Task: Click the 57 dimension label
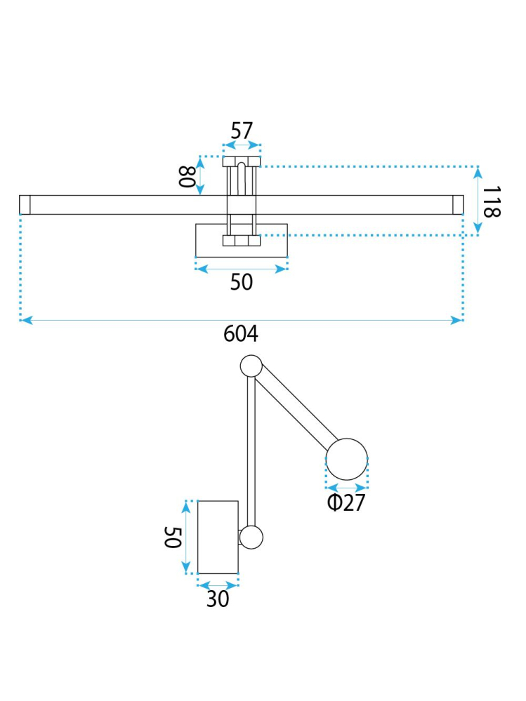click(242, 131)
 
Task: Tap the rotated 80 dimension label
click(185, 176)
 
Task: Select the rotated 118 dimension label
click(492, 202)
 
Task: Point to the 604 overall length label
click(241, 333)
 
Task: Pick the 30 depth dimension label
click(218, 599)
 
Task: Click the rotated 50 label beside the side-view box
click(173, 538)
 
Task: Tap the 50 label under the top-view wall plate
click(241, 282)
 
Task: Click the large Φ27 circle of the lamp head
click(347, 460)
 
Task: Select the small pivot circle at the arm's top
click(251, 366)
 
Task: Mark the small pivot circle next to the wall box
click(251, 538)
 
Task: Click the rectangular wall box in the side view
click(218, 537)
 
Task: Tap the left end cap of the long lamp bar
click(25, 204)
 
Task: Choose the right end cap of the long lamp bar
click(457, 204)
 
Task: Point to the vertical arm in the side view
click(251, 449)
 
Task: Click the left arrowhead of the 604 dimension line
click(25, 320)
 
